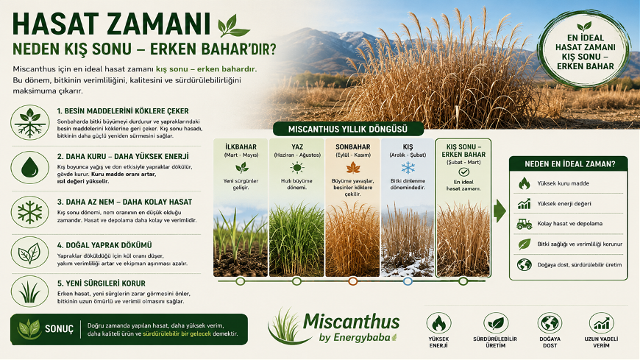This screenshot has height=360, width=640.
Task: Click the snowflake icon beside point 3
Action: (30, 212)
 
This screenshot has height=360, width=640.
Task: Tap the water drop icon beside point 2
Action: (30, 168)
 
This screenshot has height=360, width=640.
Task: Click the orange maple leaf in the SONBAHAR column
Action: (353, 168)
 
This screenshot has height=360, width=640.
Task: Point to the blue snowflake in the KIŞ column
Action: (408, 168)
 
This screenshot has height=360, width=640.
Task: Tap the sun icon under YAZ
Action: (296, 168)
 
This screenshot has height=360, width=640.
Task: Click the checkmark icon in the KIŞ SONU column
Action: (463, 172)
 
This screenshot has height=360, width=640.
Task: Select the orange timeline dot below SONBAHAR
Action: (353, 281)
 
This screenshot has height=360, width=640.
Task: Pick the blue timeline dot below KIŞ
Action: (408, 281)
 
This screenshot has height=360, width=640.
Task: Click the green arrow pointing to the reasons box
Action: (499, 211)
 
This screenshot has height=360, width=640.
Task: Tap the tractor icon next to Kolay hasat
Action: (524, 224)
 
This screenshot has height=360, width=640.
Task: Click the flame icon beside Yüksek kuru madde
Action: (524, 183)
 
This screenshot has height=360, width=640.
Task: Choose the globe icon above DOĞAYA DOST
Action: (550, 322)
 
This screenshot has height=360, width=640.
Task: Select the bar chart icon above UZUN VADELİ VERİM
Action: (602, 322)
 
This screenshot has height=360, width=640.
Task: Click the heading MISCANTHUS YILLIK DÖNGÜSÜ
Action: (348, 130)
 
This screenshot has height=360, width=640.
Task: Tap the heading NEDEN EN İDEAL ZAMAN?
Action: (570, 164)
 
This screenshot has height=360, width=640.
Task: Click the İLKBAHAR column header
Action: (241, 147)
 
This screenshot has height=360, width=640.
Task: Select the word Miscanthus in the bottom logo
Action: (352, 322)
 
